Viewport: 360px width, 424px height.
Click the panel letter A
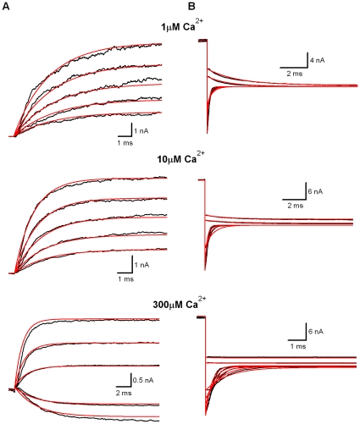coord(6,7)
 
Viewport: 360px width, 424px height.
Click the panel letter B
coord(191,7)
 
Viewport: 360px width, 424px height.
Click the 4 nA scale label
coord(317,60)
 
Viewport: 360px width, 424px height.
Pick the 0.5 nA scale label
coord(143,380)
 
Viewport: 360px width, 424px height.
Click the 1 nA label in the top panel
coord(141,131)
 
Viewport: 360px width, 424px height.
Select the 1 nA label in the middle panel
coord(141,265)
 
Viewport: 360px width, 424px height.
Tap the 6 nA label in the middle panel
coord(315,191)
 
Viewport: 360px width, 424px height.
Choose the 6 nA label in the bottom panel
coord(316,332)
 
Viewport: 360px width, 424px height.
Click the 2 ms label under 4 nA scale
coord(295,74)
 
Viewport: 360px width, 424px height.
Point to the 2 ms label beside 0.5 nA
coord(124,393)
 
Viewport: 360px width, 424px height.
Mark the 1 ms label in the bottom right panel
coord(298,346)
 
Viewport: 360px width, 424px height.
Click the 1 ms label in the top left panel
coord(125,143)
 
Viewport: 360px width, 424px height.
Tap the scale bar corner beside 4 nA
coord(307,68)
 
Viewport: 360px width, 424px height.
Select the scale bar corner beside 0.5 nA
coord(131,386)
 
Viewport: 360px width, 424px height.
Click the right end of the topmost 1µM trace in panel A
coord(161,44)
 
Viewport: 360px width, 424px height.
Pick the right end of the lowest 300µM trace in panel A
coord(159,421)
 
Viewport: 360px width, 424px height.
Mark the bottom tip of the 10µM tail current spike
coord(205,270)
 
